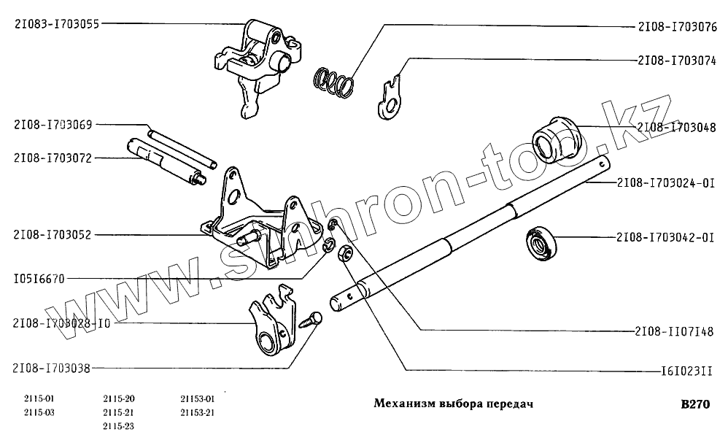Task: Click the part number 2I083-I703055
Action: pyautogui.click(x=56, y=23)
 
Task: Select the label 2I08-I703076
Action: pyautogui.click(x=677, y=28)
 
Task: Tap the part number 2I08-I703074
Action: pyautogui.click(x=677, y=61)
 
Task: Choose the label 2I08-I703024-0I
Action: pyautogui.click(x=666, y=182)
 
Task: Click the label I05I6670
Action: pyautogui.click(x=39, y=279)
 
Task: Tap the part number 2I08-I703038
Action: pyautogui.click(x=52, y=369)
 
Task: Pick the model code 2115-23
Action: pyautogui.click(x=119, y=425)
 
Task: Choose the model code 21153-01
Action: pyautogui.click(x=197, y=399)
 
